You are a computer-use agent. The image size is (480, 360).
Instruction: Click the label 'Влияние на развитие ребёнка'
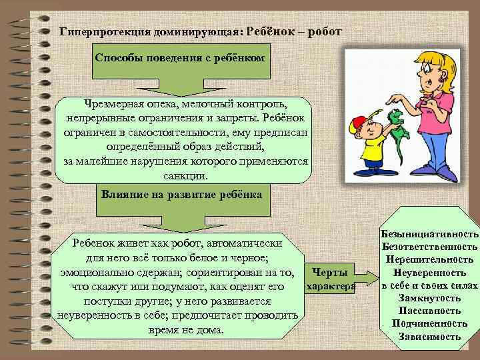pyautogui.click(x=181, y=194)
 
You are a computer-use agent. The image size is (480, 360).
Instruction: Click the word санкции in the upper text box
pyautogui.click(x=185, y=177)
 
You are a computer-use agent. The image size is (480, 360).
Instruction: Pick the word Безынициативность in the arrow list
pyautogui.click(x=430, y=235)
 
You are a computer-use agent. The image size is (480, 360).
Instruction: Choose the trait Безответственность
pyautogui.click(x=430, y=247)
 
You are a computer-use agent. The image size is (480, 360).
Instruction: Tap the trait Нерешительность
pyautogui.click(x=430, y=260)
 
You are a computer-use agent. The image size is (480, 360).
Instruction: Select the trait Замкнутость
pyautogui.click(x=430, y=298)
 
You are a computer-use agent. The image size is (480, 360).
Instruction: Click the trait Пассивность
pyautogui.click(x=430, y=311)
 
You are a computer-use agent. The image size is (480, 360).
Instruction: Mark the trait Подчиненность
pyautogui.click(x=430, y=323)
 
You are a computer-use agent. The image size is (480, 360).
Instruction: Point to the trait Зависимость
pyautogui.click(x=430, y=336)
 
